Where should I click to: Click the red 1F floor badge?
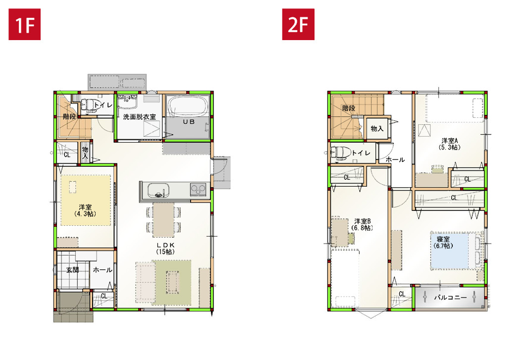click(25, 24)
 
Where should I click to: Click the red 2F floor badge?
click(298, 24)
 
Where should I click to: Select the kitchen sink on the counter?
click(158, 191)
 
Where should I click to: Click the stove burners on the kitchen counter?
click(198, 189)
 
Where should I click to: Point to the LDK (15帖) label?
click(165, 248)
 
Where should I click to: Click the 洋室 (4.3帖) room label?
click(85, 210)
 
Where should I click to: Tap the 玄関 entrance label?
click(72, 270)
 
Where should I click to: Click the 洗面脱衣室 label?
click(140, 117)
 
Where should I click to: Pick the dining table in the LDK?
click(163, 220)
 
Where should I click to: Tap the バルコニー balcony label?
click(450, 298)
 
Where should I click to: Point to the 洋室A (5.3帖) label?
click(450, 144)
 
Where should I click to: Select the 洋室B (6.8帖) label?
click(363, 224)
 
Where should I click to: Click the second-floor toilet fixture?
click(341, 153)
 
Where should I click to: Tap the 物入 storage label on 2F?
click(377, 129)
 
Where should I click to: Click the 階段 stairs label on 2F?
click(349, 108)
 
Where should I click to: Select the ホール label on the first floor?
click(103, 270)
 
